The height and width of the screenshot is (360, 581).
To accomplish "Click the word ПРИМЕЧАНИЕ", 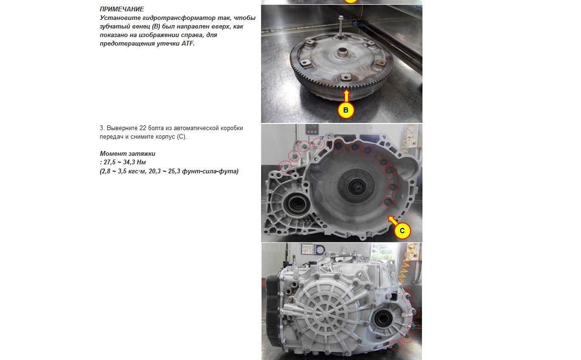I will coord(122,9).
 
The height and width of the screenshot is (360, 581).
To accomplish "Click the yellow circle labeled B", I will coord(346,110).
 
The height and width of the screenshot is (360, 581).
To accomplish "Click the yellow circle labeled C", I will coord(402,231).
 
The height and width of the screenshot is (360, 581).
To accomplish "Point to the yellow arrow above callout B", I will coord(346,95).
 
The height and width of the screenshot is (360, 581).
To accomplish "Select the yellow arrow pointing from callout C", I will coord(392,220).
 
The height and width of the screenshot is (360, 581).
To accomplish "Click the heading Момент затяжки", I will coord(127,154).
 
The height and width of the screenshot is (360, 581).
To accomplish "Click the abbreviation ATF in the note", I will coord(188,43).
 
